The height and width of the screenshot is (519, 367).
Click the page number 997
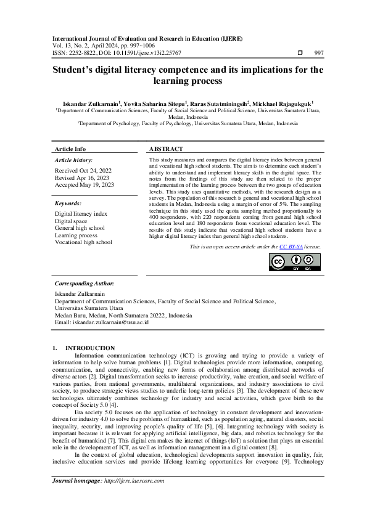318,54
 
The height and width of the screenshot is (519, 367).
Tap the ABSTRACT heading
166,149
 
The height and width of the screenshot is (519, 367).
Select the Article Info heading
70,149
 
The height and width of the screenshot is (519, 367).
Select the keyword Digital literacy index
81,213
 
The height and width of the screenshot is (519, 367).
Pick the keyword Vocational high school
83,242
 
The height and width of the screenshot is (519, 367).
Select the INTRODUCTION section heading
90,348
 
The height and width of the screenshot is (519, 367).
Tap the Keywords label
68,202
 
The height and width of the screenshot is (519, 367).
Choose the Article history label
74,160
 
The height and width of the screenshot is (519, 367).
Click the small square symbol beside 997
300,54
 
